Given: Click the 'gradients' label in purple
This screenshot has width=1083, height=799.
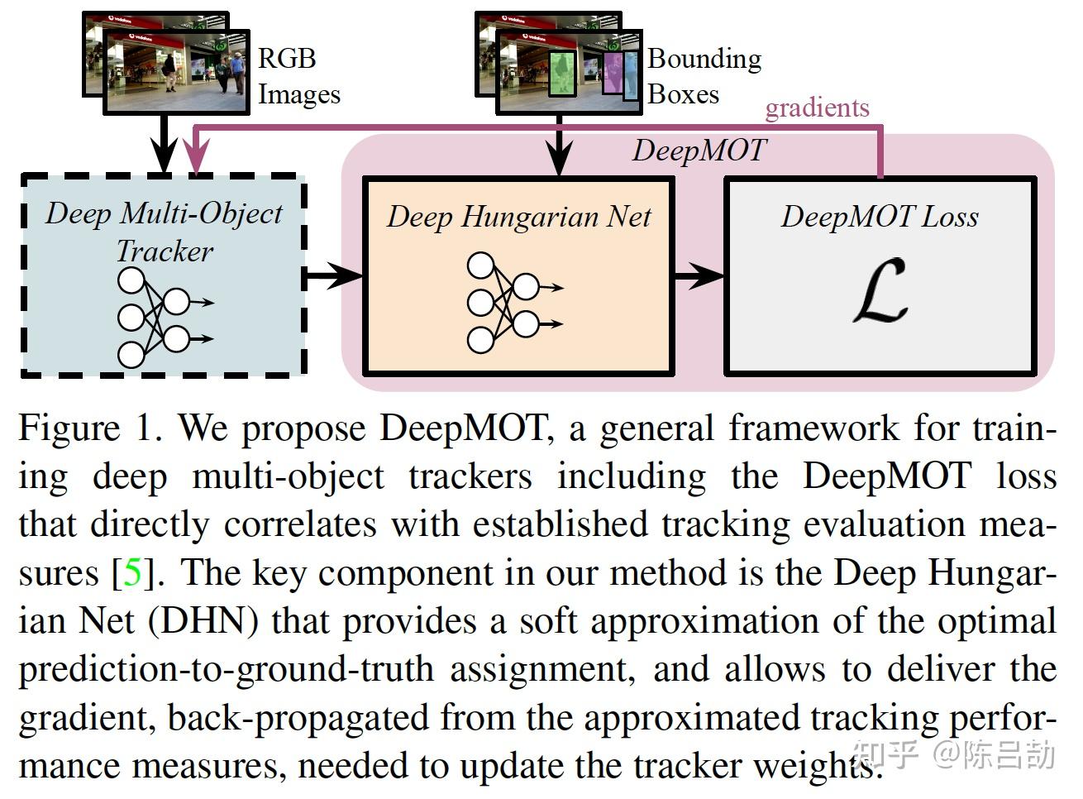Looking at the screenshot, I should (817, 108).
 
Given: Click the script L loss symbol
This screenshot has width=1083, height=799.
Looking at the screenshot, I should (880, 291).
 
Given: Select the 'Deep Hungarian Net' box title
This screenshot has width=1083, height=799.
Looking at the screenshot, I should (518, 217).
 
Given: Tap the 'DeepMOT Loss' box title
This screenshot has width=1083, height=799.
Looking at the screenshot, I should (880, 217).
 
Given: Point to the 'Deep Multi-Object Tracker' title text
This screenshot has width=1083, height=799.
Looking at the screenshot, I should (164, 232).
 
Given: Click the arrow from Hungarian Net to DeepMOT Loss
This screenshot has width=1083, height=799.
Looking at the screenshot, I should (699, 275).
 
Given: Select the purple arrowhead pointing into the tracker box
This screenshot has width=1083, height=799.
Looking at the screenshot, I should (196, 157).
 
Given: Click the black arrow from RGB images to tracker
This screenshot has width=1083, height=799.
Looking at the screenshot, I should (165, 145).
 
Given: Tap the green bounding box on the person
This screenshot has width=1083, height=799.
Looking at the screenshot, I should (562, 73).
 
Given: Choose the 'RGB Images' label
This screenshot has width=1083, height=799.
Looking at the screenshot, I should (298, 76).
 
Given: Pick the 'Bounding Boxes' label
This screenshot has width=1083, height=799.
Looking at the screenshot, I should (704, 76).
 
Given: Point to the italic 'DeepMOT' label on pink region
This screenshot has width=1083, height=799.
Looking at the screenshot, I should (699, 151).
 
